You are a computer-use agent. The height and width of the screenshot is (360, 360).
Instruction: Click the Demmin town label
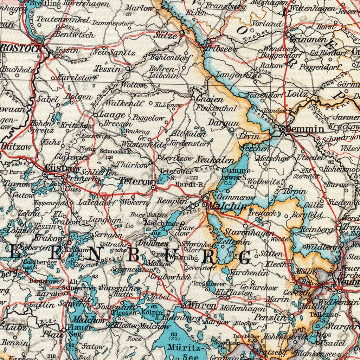[x=305, y=129]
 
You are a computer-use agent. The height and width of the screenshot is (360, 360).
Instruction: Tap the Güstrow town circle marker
[x=45, y=174]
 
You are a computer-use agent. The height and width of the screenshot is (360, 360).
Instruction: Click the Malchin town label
[x=227, y=206]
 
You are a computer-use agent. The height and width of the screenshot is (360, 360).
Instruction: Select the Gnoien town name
[x=209, y=99]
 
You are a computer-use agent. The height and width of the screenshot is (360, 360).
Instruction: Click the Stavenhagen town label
[x=250, y=232]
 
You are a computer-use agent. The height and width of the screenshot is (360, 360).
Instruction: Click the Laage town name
[x=111, y=115]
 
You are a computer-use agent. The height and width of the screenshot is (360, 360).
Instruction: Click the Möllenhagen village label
[x=243, y=308]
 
